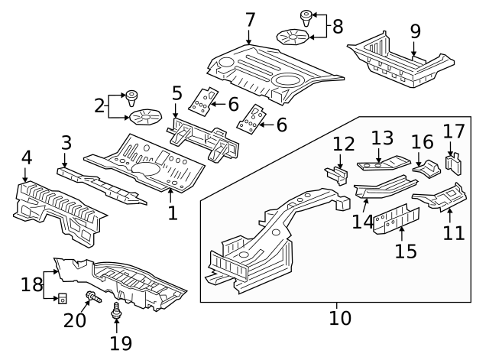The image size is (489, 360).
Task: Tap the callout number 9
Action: [415, 31]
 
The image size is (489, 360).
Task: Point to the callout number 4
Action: [27, 158]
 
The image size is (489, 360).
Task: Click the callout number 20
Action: [74, 319]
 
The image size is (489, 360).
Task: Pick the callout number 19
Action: [121, 342]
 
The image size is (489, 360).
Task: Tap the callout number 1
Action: [173, 212]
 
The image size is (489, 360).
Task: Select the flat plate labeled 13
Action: [384, 163]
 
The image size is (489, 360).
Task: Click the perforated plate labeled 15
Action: [397, 217]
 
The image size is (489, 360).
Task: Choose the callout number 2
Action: [99, 105]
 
